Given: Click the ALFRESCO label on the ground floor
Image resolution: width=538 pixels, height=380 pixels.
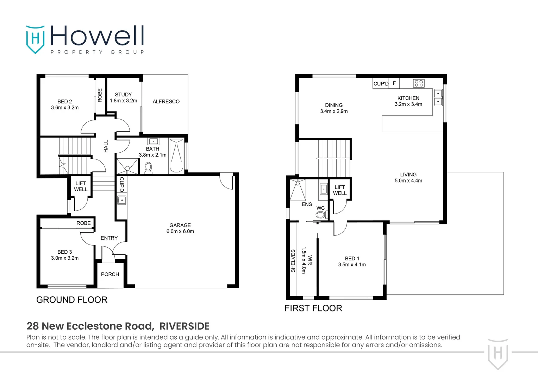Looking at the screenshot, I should pos(166,101).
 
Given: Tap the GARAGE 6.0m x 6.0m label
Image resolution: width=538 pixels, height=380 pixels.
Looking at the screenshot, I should pos(180,228).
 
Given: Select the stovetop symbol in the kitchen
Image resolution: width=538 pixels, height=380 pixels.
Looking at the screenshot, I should pos(419,83).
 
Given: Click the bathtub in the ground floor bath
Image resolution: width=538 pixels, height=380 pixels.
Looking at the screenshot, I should pos(176,156).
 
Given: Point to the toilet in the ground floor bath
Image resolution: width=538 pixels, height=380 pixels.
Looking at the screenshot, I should pos(148,168).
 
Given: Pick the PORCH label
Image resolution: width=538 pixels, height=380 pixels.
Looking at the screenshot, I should pos(110,274).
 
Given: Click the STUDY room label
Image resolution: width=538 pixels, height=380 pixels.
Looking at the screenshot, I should pos(123,95).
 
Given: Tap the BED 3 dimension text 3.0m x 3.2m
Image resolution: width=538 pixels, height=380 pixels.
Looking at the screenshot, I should pos(65,258).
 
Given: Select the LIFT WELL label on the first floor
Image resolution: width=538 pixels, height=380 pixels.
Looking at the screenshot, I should pos(340,190).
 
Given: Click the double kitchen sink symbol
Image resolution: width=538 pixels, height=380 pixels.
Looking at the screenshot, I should pos(438,97).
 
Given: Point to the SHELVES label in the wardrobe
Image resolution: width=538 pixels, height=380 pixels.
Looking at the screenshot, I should pos(293,261).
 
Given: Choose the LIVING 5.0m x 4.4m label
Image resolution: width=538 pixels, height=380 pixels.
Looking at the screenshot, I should pos(408,177).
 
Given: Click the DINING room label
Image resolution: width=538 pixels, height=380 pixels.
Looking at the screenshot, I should pos(334,105).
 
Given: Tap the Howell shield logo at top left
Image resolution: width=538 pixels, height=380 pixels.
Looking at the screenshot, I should pos(35,39).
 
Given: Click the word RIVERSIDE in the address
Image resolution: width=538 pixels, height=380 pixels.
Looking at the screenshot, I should pos(184,326).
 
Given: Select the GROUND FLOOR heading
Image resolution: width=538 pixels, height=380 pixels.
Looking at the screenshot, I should pos(72,300).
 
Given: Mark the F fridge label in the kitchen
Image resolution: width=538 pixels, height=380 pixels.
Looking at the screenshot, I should pos(394,83).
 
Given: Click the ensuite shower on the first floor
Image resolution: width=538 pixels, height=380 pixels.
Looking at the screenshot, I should pos(298,190).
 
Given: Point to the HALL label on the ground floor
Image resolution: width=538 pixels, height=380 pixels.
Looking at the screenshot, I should pos(106,146).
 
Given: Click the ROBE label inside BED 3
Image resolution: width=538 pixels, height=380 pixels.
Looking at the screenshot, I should pos(83,223).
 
